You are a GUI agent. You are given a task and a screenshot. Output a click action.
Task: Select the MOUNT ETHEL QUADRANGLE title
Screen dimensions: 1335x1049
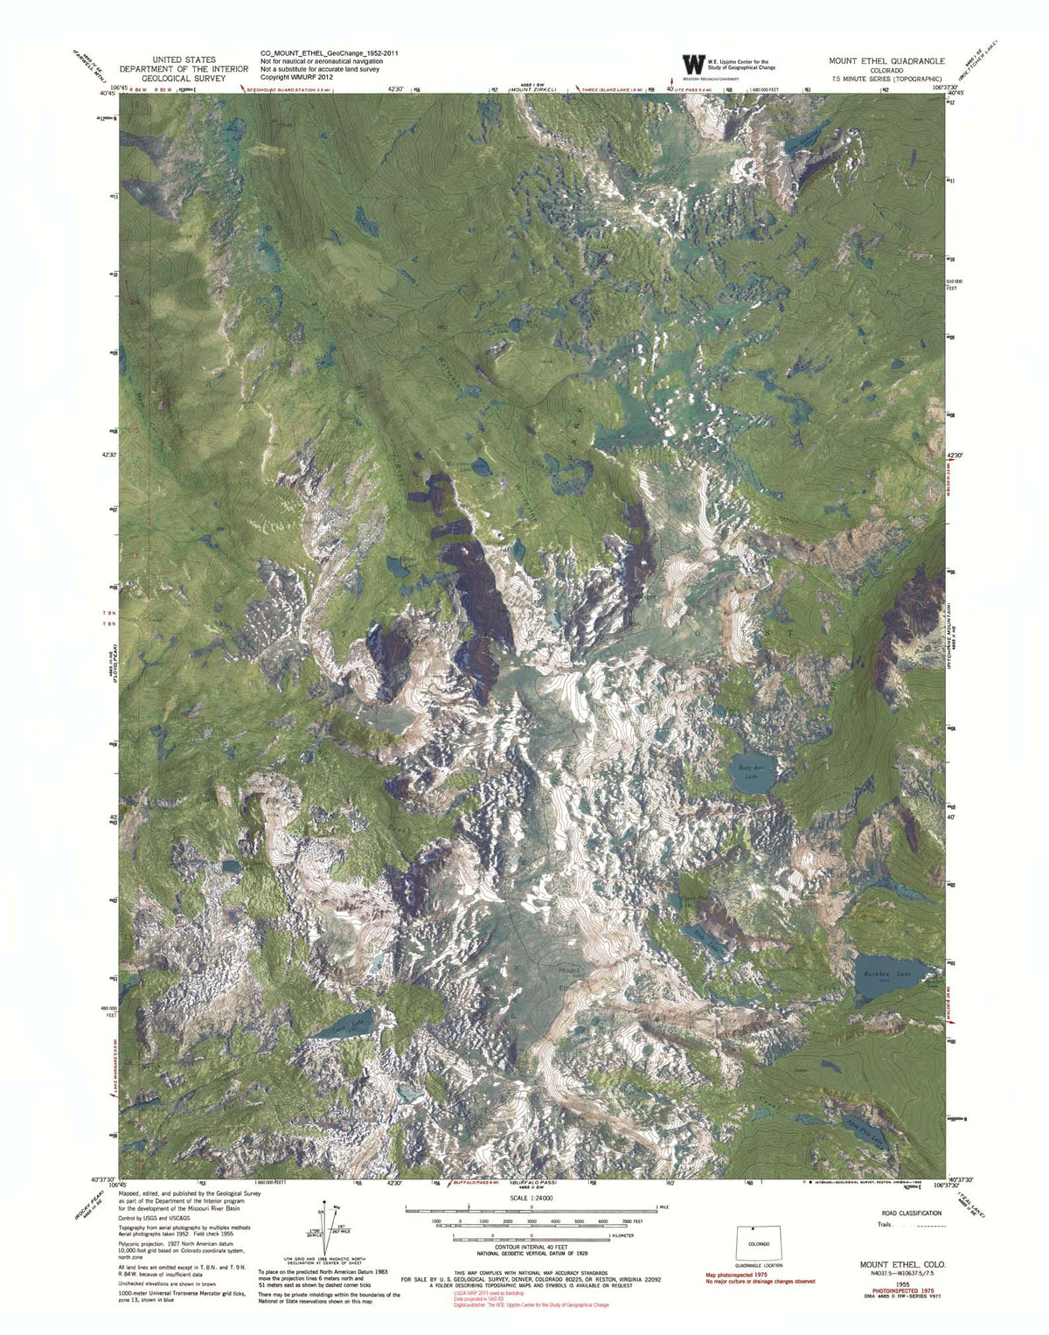pyautogui.click(x=886, y=61)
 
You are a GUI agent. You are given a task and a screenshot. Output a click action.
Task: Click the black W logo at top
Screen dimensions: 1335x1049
pyautogui.click(x=692, y=64)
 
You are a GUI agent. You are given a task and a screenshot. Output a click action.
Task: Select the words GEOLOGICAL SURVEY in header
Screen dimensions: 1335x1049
pyautogui.click(x=172, y=77)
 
